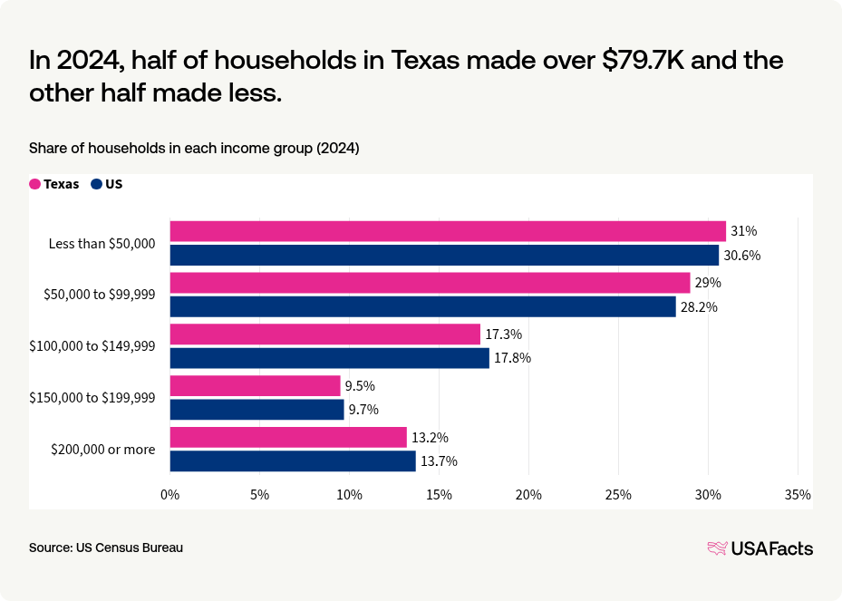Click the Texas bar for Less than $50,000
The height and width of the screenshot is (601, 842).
tap(448, 231)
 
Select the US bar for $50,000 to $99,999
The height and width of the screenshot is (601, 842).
tap(422, 307)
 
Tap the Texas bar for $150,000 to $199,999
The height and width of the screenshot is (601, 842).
tap(255, 386)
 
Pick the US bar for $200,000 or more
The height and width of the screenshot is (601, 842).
tap(293, 461)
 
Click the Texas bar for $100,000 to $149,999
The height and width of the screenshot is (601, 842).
tap(324, 334)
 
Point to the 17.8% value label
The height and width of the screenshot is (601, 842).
tap(512, 358)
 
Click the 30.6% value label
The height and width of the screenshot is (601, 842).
tap(741, 256)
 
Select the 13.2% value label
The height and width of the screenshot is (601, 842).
tap(430, 438)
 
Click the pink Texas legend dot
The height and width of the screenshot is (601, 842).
tap(35, 184)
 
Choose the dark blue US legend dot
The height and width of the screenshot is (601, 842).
tap(97, 184)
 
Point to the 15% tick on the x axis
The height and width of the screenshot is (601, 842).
tap(439, 495)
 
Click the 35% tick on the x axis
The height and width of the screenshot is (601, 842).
tap(798, 495)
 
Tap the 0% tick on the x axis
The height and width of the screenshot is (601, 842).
tap(170, 495)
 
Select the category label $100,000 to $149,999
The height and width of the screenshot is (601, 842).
tap(92, 346)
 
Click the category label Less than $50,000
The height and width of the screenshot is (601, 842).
tap(102, 244)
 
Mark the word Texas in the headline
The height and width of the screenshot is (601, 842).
tap(427, 60)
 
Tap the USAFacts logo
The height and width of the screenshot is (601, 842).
tap(760, 548)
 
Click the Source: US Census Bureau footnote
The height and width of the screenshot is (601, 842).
tap(106, 548)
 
